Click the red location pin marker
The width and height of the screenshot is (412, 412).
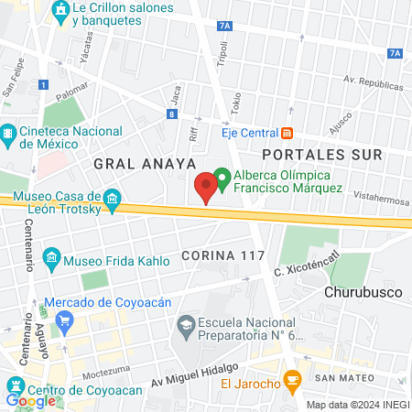(206, 187)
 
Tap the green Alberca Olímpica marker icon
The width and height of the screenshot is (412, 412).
(222, 175)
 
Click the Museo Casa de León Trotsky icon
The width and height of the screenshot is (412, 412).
(112, 199)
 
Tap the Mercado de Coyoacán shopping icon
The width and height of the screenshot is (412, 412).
(64, 320)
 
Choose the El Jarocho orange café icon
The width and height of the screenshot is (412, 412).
(292, 377)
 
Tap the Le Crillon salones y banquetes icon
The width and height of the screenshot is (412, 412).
(60, 13)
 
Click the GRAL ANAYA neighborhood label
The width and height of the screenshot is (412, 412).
(145, 163)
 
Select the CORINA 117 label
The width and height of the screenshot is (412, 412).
(223, 254)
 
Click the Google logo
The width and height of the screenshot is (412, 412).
(30, 400)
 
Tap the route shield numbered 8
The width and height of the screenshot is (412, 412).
(172, 114)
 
